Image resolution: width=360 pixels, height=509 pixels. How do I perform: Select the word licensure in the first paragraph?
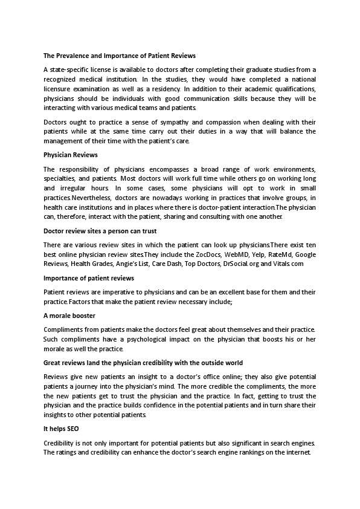(x=60, y=89)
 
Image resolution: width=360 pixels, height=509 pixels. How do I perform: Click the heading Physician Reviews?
(x=66, y=155)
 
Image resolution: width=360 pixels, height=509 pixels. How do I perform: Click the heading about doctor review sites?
(x=100, y=230)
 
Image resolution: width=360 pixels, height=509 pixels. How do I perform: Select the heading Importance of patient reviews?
(x=89, y=278)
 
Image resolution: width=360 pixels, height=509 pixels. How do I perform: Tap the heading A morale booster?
(x=69, y=316)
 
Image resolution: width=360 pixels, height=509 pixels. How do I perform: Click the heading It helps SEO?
(x=61, y=428)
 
